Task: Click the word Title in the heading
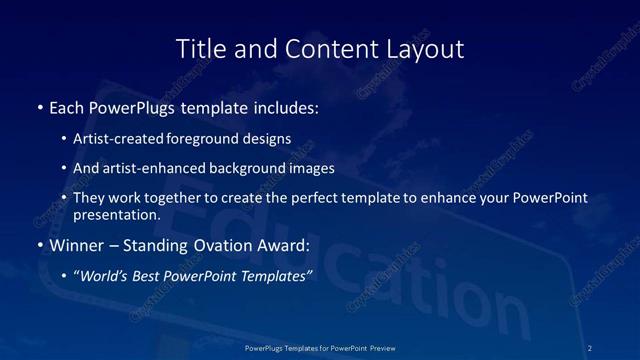199,48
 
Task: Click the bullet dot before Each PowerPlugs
39,105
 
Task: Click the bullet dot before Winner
39,244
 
